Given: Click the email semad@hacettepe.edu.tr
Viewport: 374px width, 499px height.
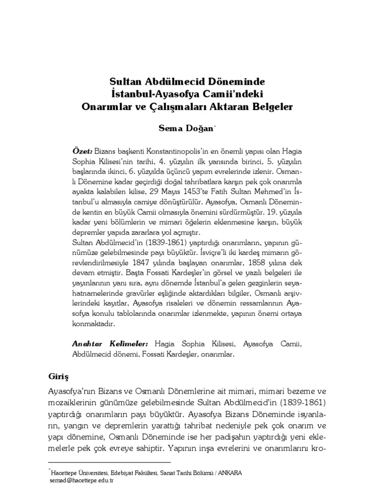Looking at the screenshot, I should pos(81,480).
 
